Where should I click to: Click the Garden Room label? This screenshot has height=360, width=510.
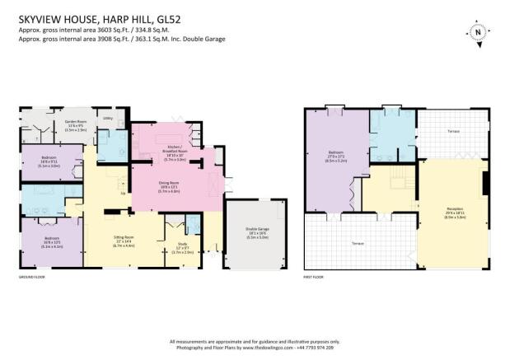[76, 121]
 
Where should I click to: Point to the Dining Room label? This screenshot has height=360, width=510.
[168, 186]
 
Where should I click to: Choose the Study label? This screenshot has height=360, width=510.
[182, 244]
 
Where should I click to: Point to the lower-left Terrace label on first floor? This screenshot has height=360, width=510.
[358, 245]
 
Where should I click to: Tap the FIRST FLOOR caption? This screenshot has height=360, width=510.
[316, 278]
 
